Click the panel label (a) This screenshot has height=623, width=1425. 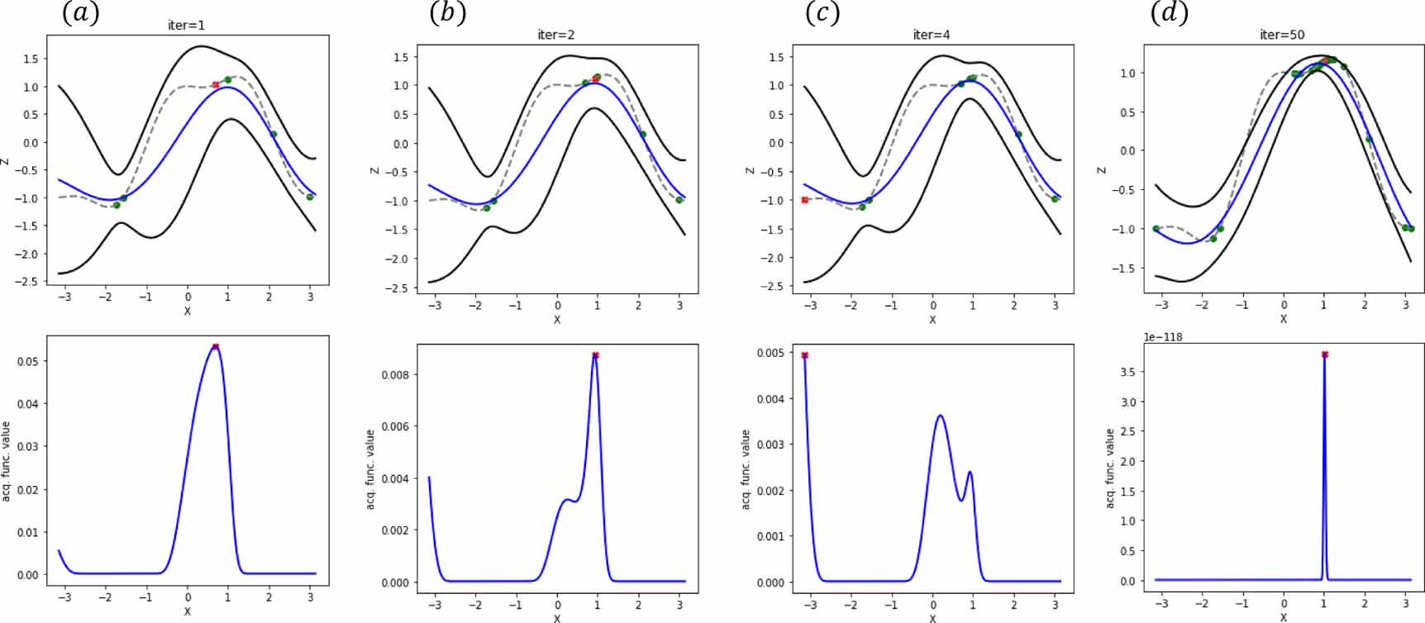[80, 12]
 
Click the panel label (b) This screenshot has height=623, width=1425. [447, 12]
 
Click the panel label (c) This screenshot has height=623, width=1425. [822, 12]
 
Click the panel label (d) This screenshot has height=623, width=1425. [1170, 12]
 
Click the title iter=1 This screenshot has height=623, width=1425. [186, 26]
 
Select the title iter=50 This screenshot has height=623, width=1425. [1282, 35]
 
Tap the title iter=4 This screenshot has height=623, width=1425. [931, 35]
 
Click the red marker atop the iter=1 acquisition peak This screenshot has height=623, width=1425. [216, 346]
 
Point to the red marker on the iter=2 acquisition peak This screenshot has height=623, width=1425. [595, 355]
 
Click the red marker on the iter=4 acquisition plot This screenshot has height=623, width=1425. [804, 355]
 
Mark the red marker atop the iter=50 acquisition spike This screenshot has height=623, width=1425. [1325, 354]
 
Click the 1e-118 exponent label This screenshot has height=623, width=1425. [1163, 337]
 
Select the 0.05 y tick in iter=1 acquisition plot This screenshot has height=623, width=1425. [28, 361]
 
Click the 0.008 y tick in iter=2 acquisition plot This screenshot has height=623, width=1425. [395, 374]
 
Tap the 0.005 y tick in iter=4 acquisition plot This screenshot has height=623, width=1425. [770, 353]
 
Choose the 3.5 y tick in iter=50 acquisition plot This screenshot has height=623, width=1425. [1127, 372]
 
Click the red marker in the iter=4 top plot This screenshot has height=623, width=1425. [804, 200]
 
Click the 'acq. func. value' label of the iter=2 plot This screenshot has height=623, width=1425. [370, 468]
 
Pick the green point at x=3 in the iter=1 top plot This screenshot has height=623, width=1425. [310, 197]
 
